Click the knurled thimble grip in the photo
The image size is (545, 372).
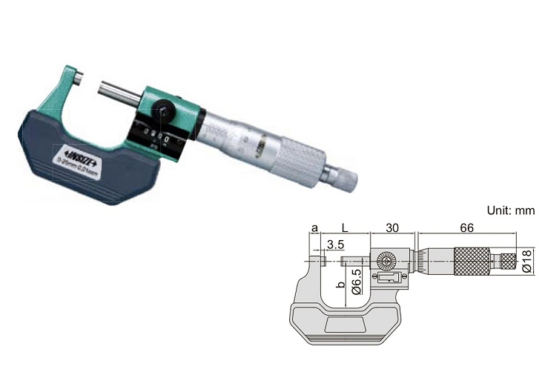[299, 159]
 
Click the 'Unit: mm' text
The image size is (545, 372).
[510, 211]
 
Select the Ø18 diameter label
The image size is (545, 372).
[527, 260]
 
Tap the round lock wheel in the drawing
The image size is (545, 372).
[387, 262]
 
